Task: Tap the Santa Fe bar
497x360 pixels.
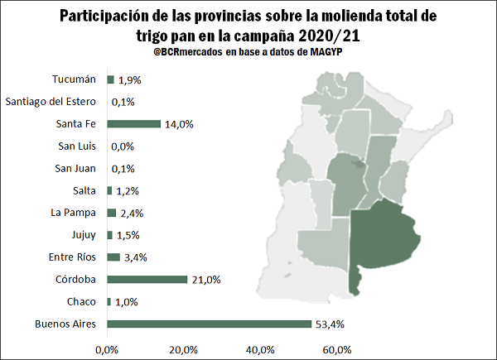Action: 133,124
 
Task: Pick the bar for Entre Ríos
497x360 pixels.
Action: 113,257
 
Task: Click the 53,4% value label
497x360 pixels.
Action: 327,324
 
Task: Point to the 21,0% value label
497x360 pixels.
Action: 206,280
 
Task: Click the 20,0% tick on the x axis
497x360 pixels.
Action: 183,349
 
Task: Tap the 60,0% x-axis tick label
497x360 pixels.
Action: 336,349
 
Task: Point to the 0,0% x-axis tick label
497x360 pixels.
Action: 107,349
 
